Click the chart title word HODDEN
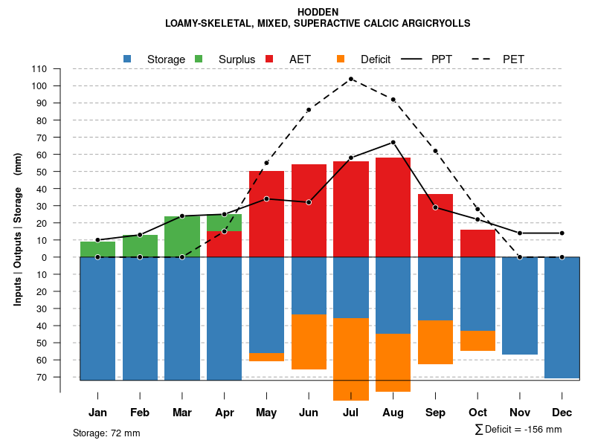[x=318, y=12]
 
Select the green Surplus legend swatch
[x=199, y=59]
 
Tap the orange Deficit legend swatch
[x=341, y=59]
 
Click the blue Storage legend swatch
[x=128, y=59]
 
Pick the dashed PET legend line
[x=480, y=59]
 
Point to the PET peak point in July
[x=351, y=79]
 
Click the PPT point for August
[x=393, y=142]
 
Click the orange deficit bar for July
[x=351, y=359]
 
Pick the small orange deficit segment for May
[x=266, y=358]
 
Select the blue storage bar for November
[x=520, y=306]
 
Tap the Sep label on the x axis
[x=435, y=413]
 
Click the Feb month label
[x=140, y=413]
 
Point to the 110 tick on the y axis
[x=39, y=69]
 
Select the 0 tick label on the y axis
[x=45, y=257]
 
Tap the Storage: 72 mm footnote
[x=106, y=433]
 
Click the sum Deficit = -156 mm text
[x=518, y=430]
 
